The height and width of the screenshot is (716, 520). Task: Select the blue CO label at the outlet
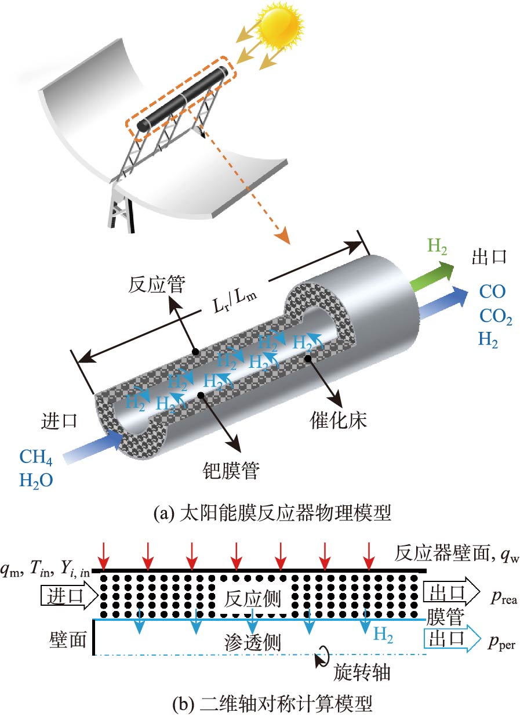(492, 291)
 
